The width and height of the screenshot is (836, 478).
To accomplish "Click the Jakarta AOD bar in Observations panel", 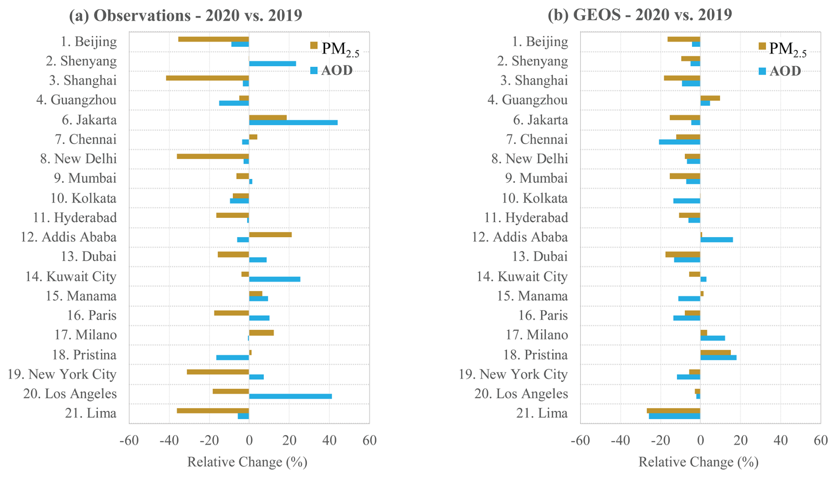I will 293,122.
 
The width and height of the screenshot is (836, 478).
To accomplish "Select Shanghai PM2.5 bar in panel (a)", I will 207,78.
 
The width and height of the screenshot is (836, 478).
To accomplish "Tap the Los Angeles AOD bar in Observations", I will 290,396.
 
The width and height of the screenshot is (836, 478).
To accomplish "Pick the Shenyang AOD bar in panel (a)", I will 272,64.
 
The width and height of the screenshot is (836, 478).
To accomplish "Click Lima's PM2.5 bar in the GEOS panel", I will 673,411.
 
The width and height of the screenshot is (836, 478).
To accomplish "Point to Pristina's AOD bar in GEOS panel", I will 718,357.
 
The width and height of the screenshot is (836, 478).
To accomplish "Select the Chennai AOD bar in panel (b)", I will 679,142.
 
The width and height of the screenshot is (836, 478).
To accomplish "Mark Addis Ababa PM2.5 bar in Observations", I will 270,235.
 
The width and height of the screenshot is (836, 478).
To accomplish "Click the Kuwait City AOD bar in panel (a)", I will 274,279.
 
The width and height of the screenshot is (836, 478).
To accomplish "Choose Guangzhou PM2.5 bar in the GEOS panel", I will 710,98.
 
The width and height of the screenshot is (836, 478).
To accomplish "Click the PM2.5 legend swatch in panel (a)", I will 314,46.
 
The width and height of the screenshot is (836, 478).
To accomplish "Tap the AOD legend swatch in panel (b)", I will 762,71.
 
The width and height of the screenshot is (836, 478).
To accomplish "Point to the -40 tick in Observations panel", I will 168,440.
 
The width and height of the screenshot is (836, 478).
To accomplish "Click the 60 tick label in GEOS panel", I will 821,440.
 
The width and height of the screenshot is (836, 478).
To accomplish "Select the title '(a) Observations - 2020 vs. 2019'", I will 186,15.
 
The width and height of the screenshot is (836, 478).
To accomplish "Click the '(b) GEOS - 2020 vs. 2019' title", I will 640,15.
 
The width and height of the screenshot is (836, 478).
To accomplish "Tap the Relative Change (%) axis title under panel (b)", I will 698,462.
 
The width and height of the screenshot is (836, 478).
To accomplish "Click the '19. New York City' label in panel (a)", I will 62,374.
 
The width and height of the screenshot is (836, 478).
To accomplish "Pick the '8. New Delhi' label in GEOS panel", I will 529,159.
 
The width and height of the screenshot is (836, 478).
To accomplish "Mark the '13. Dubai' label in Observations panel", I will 88,257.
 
